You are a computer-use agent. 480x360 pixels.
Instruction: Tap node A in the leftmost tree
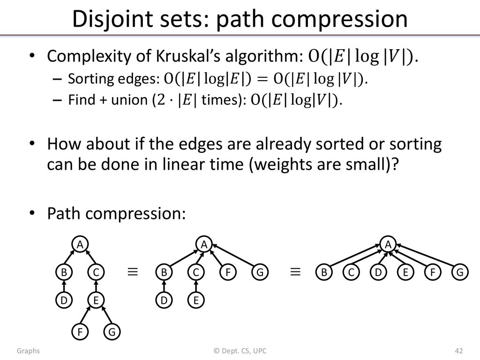pos(80,244)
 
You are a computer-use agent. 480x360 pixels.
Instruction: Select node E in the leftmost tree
pos(96,300)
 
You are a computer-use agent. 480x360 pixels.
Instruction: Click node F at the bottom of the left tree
pos(80,332)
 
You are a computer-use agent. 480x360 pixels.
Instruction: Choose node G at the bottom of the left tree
pos(112,332)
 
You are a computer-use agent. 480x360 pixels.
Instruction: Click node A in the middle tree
pos(204,244)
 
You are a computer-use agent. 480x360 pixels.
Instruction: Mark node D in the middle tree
pos(164,300)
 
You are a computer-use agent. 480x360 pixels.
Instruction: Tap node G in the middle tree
pos(260,272)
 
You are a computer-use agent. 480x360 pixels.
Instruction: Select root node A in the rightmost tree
pos(388,244)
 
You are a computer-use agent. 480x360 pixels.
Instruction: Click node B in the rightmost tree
pos(324,272)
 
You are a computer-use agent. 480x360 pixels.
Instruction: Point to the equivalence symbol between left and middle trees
pos(133,272)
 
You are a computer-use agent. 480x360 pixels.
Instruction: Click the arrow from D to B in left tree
pos(64,286)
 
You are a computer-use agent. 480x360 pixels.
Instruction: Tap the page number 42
pos(459,351)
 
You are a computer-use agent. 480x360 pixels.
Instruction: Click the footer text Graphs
pos(28,351)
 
